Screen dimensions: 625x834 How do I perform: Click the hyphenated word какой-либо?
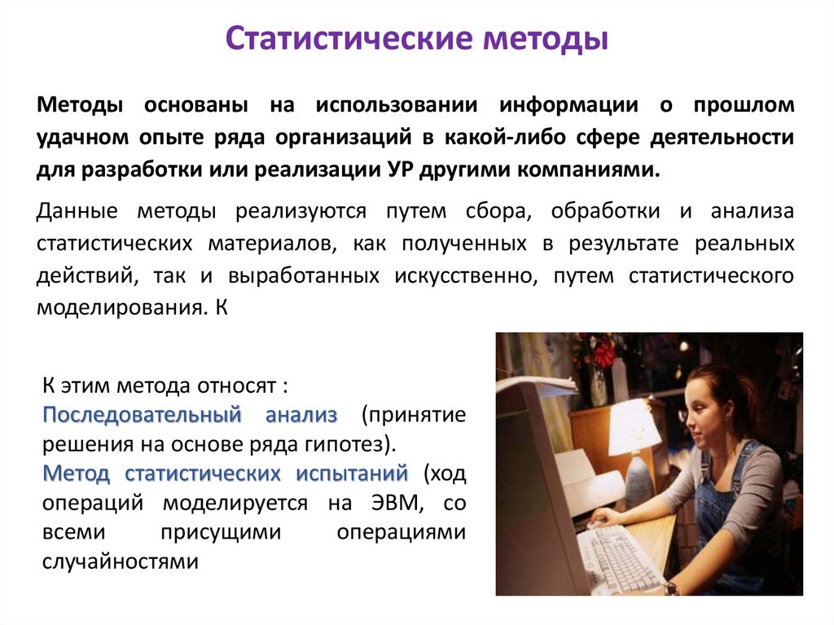tap(487, 138)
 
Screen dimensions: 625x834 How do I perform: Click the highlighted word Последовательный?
tap(143, 415)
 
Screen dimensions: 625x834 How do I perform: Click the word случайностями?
tap(120, 561)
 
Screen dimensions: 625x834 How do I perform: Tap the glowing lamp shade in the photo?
tap(634, 426)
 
